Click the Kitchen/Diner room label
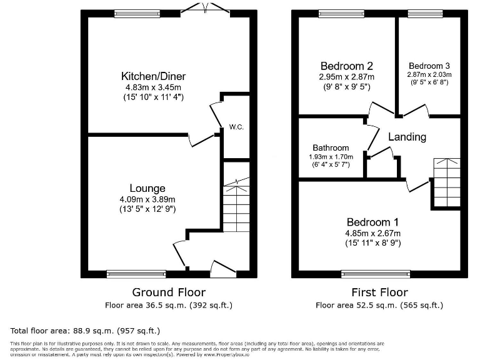pos(153,76)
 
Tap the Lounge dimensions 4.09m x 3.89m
pos(147,199)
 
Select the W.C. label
pos(236,127)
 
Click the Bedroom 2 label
pos(347,66)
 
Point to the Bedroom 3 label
pos(429,66)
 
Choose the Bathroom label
pos(331,147)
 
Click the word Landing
pos(407,137)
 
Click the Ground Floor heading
pos(169,292)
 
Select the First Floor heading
pos(379,292)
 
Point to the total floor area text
pos(86,330)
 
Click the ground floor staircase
pos(236,206)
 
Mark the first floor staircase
pos(446,182)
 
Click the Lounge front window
pos(136,273)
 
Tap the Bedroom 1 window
pos(376,273)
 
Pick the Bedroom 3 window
pos(425,12)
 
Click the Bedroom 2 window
pos(337,12)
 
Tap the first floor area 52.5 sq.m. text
pos(379,306)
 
